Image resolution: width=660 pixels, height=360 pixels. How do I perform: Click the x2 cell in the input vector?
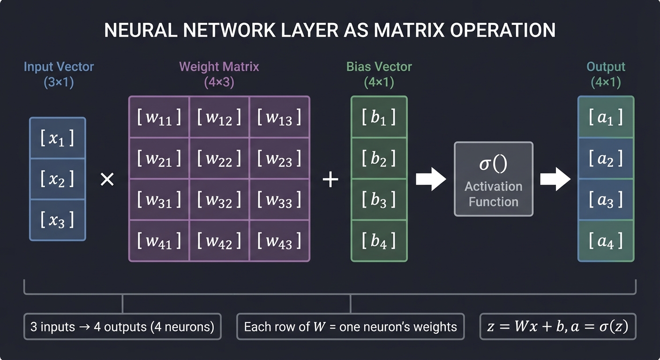(57, 179)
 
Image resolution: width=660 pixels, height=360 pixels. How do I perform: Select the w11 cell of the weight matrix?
(159, 118)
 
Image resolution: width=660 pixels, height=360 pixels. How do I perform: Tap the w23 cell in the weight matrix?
(279, 159)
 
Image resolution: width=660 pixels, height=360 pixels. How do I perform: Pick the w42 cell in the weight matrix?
(219, 241)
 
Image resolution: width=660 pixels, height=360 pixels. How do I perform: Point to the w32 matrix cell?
(219, 200)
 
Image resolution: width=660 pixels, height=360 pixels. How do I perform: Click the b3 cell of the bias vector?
(379, 200)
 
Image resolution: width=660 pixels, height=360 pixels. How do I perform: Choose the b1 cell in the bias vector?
(379, 118)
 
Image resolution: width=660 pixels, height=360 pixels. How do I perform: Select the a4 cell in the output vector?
(606, 241)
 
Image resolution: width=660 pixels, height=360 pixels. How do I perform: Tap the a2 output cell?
(606, 159)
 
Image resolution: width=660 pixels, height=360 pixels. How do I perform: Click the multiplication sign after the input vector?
(107, 179)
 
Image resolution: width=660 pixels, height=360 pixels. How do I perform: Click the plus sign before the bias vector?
(330, 179)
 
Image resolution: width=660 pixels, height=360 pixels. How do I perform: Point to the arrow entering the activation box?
(431, 179)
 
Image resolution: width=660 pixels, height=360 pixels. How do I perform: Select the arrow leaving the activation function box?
(555, 179)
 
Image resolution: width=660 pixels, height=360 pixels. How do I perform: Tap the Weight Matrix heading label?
(219, 67)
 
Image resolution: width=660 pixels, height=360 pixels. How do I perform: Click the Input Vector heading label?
(59, 67)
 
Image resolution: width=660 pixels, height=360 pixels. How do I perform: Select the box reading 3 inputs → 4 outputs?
(122, 327)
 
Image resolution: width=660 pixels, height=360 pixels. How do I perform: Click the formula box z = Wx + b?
(558, 327)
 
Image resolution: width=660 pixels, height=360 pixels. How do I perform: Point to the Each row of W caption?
(350, 327)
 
